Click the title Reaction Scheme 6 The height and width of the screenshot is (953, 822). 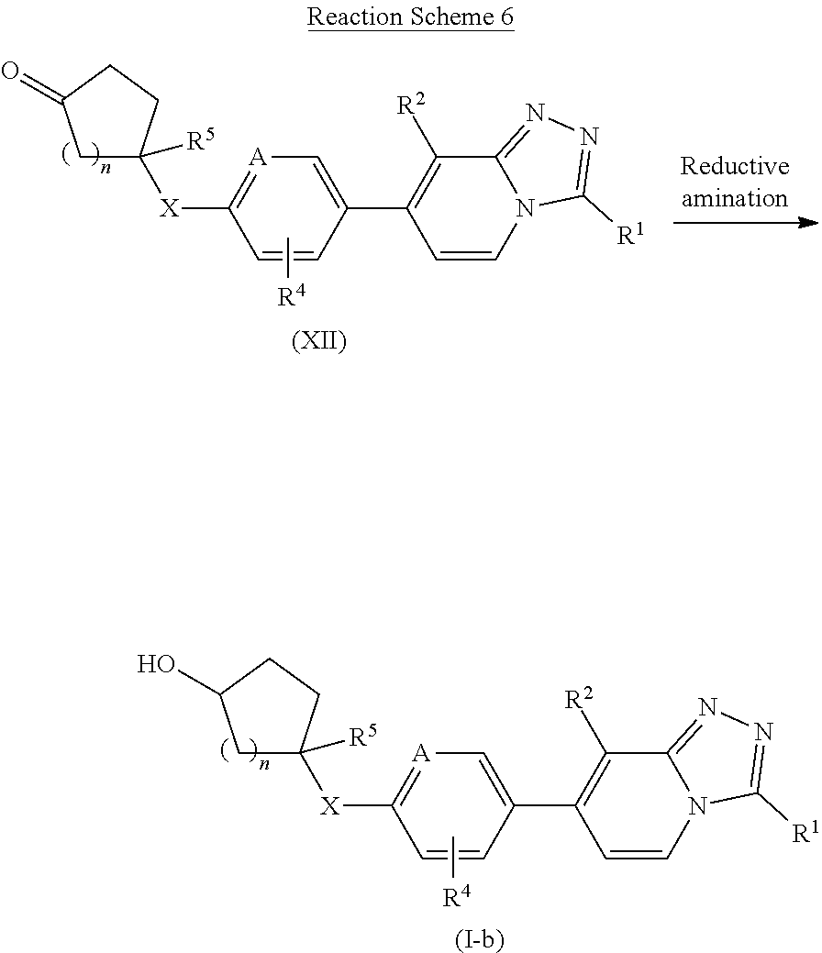point(410,17)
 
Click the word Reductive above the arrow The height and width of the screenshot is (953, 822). point(734,167)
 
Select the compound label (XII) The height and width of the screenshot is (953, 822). point(318,343)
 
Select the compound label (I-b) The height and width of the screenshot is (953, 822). point(479,939)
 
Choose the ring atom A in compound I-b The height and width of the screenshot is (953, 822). point(423,755)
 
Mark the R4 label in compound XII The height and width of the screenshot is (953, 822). point(291,296)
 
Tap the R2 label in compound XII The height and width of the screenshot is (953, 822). point(410,106)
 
